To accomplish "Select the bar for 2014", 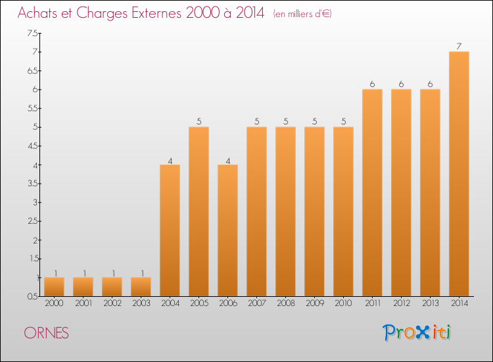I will pos(459,174).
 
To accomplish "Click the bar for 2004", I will pos(170,230).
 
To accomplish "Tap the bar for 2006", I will pos(227,230).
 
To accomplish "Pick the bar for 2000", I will pos(54,286).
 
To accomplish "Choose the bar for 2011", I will pos(372,193).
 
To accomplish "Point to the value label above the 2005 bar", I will pos(199,122).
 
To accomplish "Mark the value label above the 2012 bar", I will pos(401,84).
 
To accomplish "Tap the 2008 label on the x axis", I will pos(285,303).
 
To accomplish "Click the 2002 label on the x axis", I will pos(112,303).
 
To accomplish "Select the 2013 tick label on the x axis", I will pos(430,303).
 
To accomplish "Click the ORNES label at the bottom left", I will pos(46,333).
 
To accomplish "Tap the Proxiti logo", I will pos(418,332).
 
